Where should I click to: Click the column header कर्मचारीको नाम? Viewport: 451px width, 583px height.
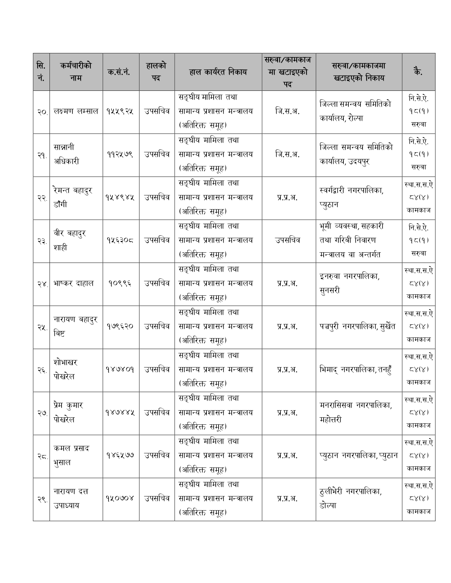pyautogui.click(x=76, y=72)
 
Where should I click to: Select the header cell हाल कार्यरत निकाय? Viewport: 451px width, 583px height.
pyautogui.click(x=218, y=72)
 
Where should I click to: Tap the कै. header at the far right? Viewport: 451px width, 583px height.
pyautogui.click(x=418, y=72)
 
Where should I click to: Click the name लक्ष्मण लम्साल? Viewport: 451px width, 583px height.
pyautogui.click(x=76, y=111)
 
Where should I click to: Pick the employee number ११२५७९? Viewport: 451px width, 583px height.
pyautogui.click(x=121, y=154)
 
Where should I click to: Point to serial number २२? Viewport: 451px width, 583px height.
pyautogui.click(x=41, y=198)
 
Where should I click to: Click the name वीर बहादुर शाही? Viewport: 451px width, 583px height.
pyautogui.click(x=70, y=240)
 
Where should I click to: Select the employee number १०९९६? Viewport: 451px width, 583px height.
pyautogui.click(x=121, y=283)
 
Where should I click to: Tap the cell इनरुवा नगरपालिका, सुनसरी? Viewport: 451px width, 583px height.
pyautogui.click(x=349, y=283)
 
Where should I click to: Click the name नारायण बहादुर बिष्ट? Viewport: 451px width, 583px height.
pyautogui.click(x=76, y=326)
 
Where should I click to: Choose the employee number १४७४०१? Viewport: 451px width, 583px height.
pyautogui.click(x=121, y=370)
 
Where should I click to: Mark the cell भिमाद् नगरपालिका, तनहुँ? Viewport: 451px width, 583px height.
pyautogui.click(x=355, y=370)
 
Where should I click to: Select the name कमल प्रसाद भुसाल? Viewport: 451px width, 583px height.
pyautogui.click(x=71, y=455)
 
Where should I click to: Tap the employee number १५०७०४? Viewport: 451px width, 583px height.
pyautogui.click(x=121, y=499)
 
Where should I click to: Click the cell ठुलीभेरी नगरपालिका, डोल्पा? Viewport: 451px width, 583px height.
pyautogui.click(x=350, y=499)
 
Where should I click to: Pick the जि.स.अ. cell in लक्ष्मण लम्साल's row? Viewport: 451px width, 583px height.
pyautogui.click(x=288, y=111)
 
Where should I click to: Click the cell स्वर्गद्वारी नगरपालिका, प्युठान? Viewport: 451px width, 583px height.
pyautogui.click(x=351, y=198)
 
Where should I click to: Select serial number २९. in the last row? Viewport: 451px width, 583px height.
pyautogui.click(x=41, y=499)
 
